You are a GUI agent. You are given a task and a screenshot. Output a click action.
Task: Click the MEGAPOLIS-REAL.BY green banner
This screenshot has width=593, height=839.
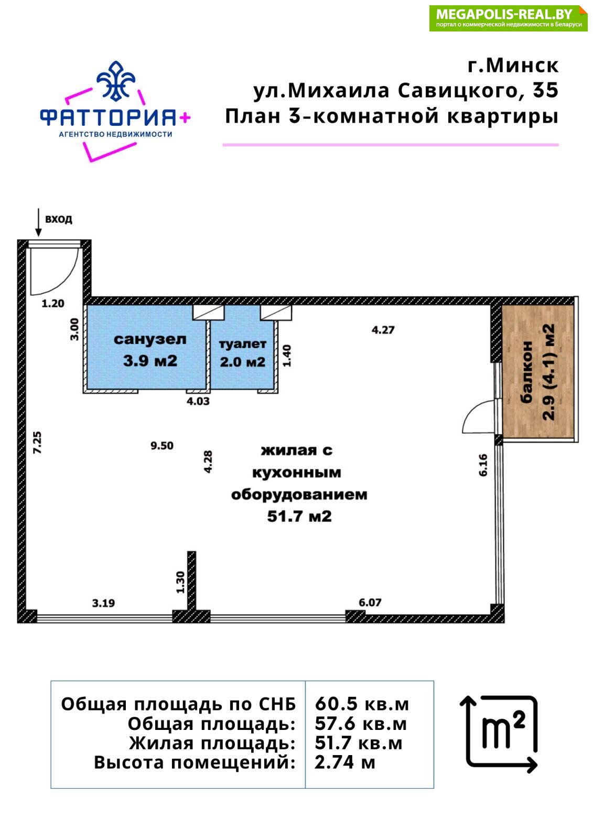click(508, 18)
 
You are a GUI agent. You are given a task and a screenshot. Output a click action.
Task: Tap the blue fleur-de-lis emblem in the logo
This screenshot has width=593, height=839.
click(116, 81)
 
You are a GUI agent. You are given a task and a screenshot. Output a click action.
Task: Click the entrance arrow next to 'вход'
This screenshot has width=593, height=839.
click(38, 222)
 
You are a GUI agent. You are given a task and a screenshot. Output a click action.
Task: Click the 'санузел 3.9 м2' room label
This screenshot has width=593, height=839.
click(150, 350)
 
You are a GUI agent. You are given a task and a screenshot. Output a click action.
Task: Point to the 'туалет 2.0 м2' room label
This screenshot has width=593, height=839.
click(243, 353)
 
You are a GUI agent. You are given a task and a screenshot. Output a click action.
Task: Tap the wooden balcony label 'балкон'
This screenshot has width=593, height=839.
click(526, 372)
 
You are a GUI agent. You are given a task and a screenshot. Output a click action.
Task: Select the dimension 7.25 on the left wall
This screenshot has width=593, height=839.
click(37, 443)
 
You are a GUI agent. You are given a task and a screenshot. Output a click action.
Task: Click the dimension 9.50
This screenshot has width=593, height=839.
click(162, 446)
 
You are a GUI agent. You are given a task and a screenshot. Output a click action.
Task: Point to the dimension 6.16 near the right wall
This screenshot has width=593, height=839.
click(483, 465)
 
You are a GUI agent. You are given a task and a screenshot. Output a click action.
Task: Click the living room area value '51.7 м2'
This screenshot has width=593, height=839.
click(299, 517)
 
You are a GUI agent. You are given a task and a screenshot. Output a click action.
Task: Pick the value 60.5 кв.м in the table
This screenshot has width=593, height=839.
click(361, 704)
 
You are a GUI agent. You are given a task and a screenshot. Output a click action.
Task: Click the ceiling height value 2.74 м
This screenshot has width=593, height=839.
click(344, 762)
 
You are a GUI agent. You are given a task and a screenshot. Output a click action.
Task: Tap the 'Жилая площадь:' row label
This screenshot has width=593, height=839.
click(212, 744)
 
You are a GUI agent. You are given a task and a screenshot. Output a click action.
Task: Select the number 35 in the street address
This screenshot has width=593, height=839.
click(546, 90)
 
